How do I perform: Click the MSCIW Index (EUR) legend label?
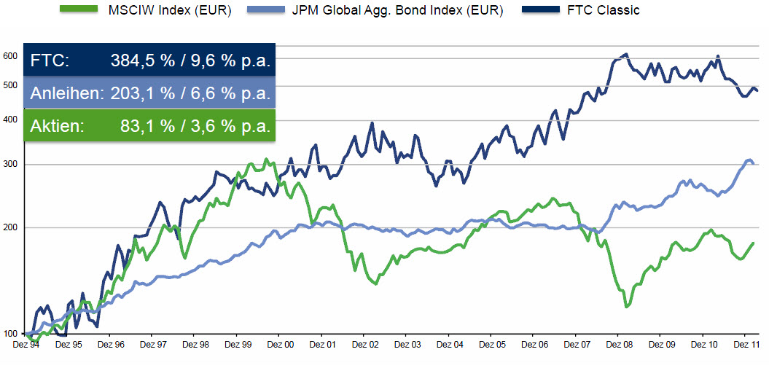pos(169,11)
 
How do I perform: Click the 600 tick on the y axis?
pos(9,55)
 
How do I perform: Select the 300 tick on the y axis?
pos(9,164)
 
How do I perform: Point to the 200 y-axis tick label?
pos(9,227)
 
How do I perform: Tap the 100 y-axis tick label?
pos(9,334)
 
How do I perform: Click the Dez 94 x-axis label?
pos(26,344)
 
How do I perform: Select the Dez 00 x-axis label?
pos(280,344)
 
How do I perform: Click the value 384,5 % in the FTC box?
pos(143,61)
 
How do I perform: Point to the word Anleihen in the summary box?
pos(68,93)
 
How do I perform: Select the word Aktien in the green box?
pos(58,126)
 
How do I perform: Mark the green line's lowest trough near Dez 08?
pos(626,307)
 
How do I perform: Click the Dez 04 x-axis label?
pos(449,344)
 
